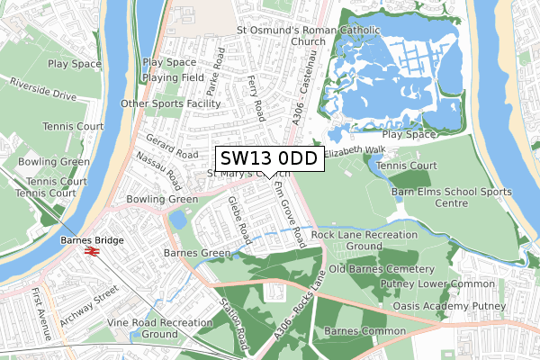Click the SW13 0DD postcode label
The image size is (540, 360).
click(x=267, y=158)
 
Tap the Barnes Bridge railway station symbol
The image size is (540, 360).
click(x=90, y=253)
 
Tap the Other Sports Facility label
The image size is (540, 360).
click(x=171, y=103)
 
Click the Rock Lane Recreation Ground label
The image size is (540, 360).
click(x=364, y=240)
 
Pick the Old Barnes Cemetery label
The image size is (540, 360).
click(x=382, y=268)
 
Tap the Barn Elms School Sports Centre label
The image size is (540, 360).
click(x=451, y=197)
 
